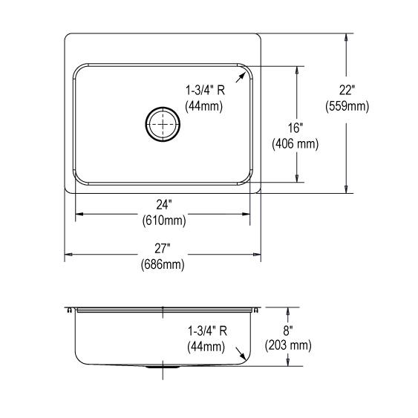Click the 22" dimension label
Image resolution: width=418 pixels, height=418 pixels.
click(347, 90)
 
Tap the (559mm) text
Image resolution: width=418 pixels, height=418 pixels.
click(347, 106)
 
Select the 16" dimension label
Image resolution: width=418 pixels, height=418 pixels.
click(295, 128)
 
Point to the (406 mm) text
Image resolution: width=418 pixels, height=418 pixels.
click(295, 144)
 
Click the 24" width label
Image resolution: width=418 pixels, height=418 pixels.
click(163, 205)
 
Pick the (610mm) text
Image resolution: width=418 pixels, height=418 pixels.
click(164, 221)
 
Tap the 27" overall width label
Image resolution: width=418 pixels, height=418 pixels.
click(163, 249)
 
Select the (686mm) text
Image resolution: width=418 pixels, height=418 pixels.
click(163, 264)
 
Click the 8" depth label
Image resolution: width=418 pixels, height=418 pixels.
click(288, 331)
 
